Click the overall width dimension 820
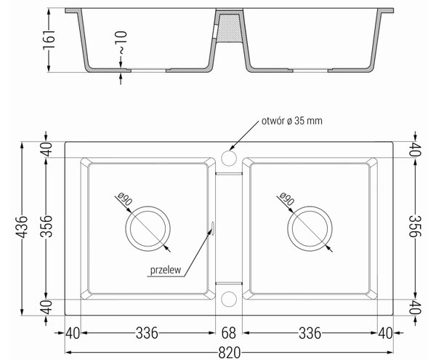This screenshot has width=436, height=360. (x=229, y=353)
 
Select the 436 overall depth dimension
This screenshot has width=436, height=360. (x=22, y=227)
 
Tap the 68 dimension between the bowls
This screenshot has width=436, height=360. (x=229, y=333)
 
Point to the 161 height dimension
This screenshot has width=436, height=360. (x=49, y=40)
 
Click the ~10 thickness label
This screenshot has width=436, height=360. (x=121, y=42)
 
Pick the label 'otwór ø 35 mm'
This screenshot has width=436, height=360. (x=292, y=121)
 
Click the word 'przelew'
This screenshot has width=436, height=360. (x=166, y=270)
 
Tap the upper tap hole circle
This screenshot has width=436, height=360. (x=229, y=158)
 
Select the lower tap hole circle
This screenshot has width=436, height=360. (x=229, y=299)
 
